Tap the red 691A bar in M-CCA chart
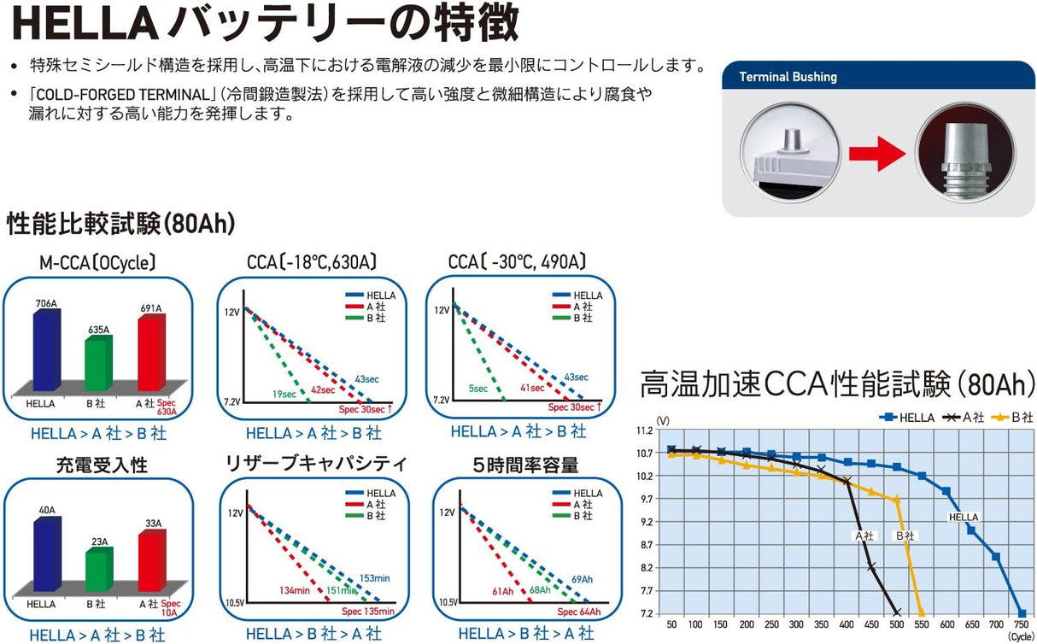click(x=150, y=354)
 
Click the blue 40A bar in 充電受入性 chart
click(x=45, y=553)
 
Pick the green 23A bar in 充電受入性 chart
click(x=97, y=567)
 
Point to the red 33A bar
click(x=150, y=559)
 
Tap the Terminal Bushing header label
click(x=788, y=77)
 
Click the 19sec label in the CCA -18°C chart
click(x=284, y=394)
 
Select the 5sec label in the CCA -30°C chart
click(x=479, y=389)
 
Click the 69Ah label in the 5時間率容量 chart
click(x=582, y=580)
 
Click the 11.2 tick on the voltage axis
click(x=647, y=430)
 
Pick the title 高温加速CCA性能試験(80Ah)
click(x=837, y=383)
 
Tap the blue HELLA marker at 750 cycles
click(x=1022, y=613)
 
